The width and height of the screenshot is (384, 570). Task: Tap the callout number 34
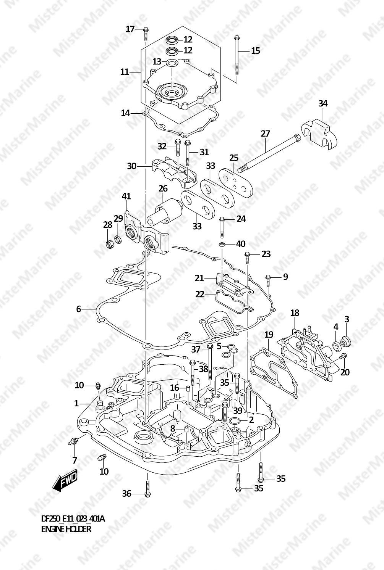323,103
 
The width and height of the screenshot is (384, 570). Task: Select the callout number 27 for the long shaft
265,134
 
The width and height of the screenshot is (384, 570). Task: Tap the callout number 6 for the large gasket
78,309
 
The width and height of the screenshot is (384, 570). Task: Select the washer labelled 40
222,244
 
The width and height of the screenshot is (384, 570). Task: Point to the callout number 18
295,313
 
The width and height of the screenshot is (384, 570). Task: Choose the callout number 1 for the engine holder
76,403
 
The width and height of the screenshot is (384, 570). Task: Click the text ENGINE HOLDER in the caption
66,529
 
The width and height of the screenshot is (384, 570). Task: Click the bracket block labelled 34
321,134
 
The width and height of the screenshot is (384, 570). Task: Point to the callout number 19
269,335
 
